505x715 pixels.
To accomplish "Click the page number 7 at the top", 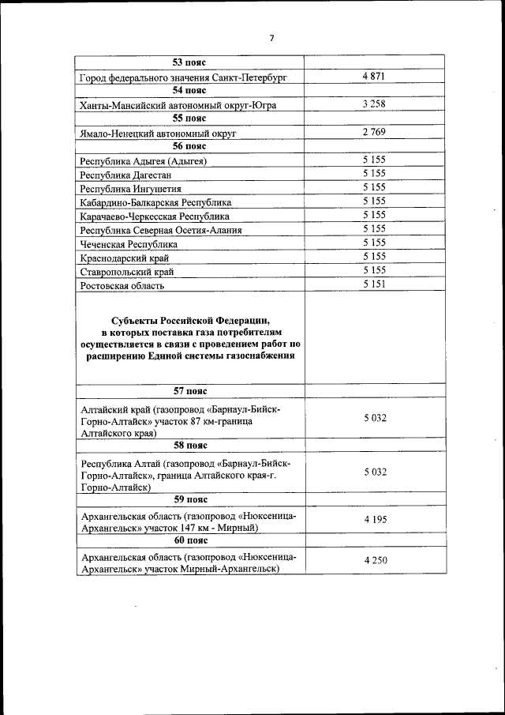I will (271, 37).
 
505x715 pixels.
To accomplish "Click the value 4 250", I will (374, 560).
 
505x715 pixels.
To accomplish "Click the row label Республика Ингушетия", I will (131, 189).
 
